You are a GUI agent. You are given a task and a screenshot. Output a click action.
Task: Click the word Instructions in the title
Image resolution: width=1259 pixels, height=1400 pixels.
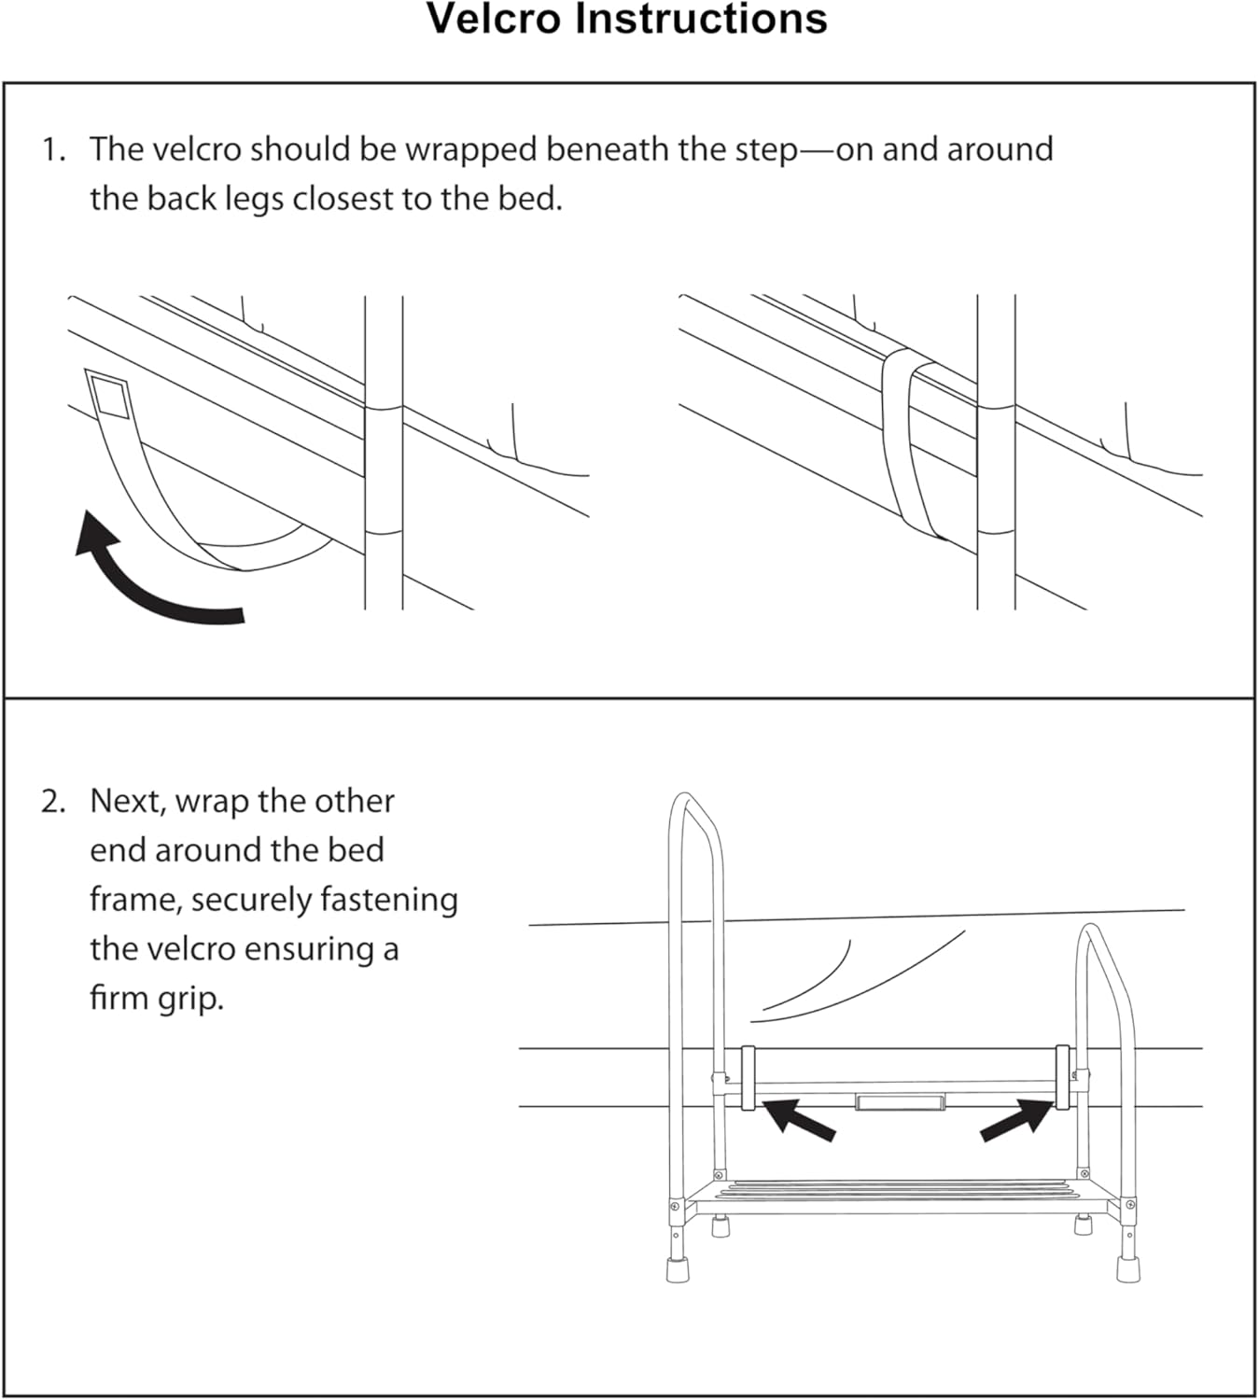[x=701, y=19]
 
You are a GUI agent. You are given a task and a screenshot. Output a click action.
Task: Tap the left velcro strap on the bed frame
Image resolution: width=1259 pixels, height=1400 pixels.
[x=748, y=1077]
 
